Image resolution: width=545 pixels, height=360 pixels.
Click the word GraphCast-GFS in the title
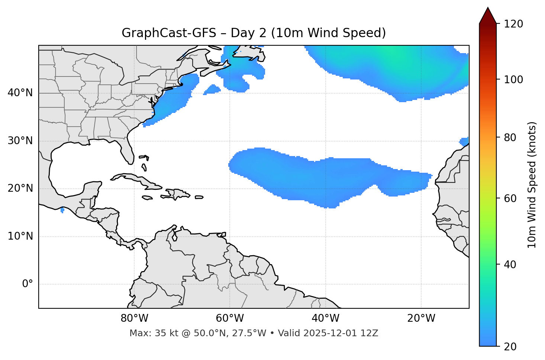(169, 33)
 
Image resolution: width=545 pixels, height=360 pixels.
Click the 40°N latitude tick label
(20, 93)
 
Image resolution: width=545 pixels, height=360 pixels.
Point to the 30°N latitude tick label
(20, 141)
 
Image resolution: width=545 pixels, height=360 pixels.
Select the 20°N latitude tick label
(20, 188)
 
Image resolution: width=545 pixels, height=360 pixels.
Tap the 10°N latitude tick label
(20, 236)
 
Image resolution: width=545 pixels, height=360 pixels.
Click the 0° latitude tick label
(28, 284)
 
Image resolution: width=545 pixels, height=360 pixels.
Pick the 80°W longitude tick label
(134, 318)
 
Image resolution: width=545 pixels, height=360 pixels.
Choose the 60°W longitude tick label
(230, 318)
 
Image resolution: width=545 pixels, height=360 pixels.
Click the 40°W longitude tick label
(325, 318)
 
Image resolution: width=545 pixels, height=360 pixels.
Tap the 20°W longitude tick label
(421, 318)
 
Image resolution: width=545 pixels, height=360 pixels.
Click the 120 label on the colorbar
(513, 24)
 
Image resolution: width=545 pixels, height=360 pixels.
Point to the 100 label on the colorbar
(513, 80)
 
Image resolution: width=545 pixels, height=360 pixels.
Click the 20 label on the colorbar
(510, 347)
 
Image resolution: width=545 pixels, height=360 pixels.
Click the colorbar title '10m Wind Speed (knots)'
(532, 185)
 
